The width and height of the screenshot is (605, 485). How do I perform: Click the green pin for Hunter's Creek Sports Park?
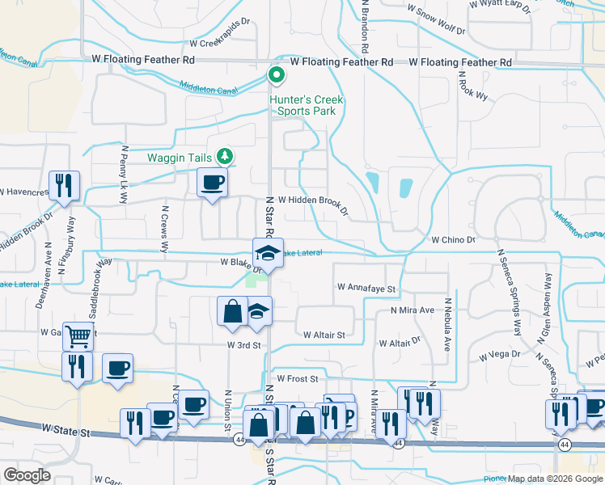point(276,77)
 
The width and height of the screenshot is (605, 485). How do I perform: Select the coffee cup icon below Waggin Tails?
point(212,183)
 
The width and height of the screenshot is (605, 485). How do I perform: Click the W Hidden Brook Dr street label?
point(312,202)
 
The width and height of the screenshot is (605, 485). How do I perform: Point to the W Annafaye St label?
point(366,288)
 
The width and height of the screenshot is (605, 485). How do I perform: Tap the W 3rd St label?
point(243,345)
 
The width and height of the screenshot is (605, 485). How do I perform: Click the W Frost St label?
point(297,377)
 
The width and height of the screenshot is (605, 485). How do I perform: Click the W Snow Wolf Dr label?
point(437,20)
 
